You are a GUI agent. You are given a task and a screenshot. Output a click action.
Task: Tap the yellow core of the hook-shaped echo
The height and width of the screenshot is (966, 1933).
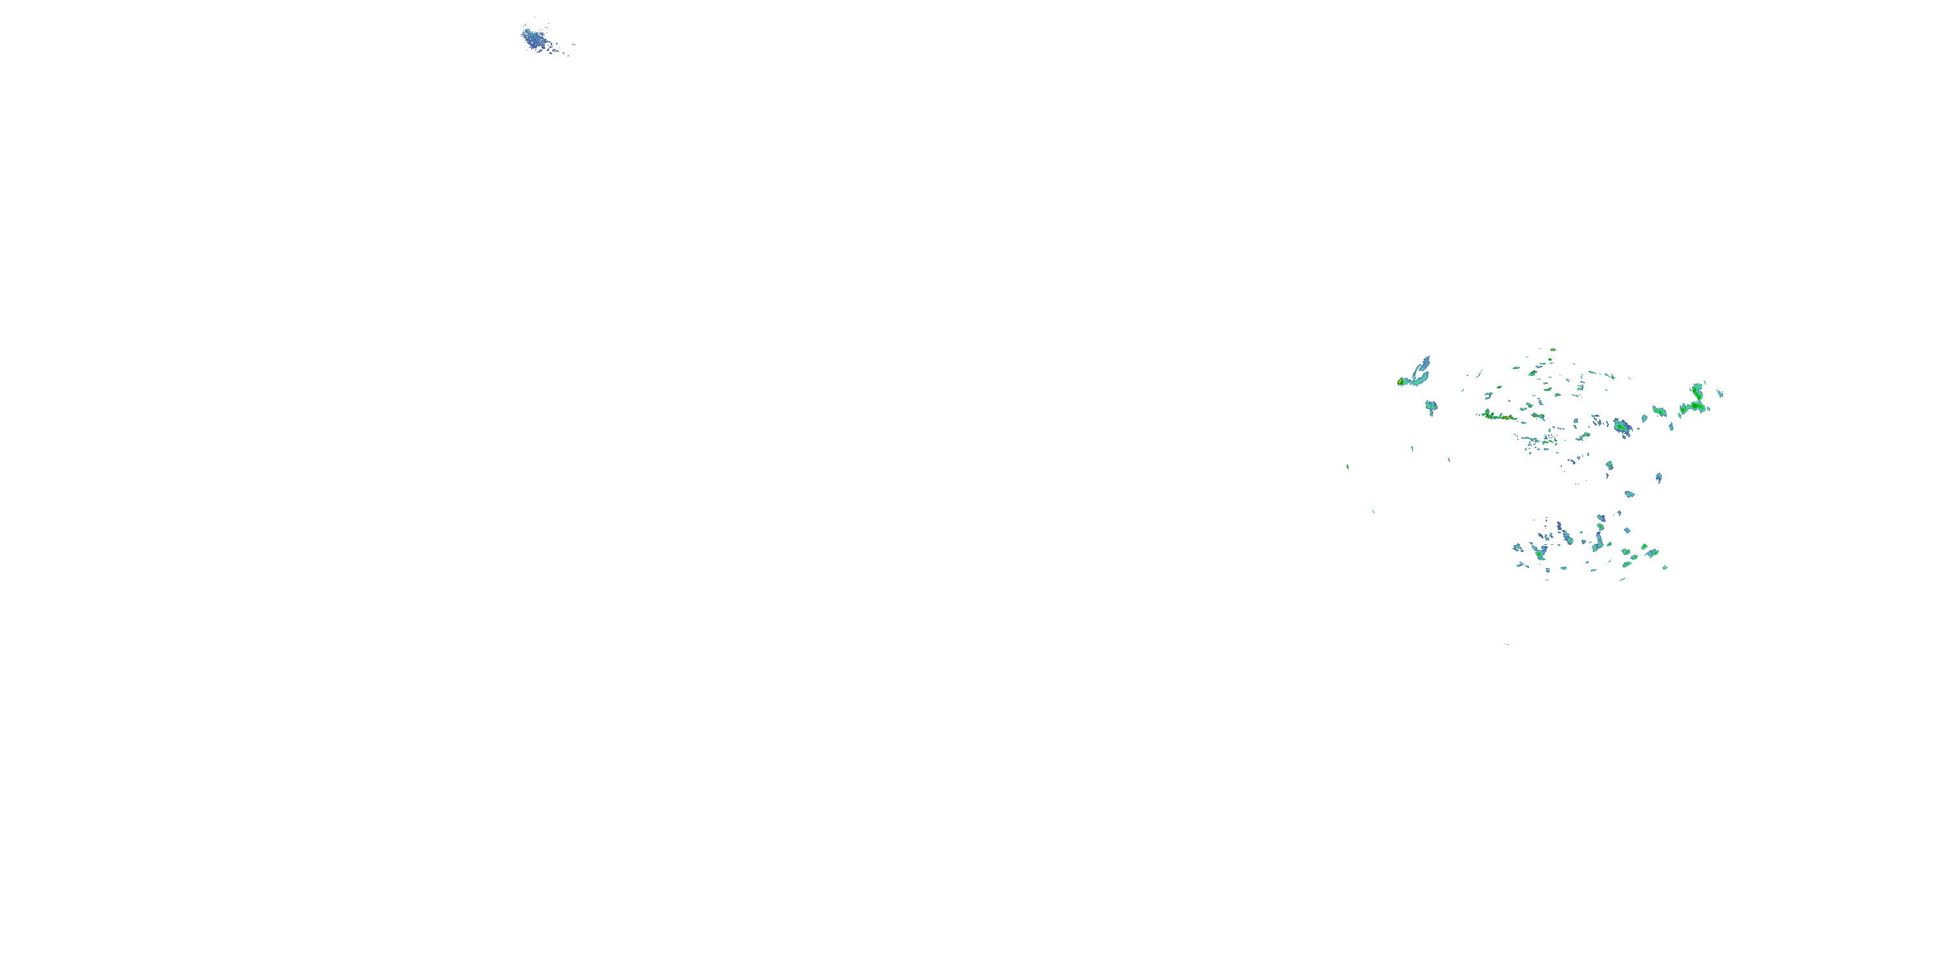pos(1401,382)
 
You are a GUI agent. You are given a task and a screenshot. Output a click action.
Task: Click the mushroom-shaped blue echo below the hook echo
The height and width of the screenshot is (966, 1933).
pos(1431,406)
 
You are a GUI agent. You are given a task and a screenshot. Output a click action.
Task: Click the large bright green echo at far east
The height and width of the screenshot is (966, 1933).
pos(1695,401)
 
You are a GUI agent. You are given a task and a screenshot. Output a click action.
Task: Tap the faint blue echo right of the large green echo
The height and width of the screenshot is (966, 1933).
pos(1720,393)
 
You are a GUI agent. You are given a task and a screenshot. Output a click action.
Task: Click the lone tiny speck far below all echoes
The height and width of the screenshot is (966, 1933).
pos(1507,643)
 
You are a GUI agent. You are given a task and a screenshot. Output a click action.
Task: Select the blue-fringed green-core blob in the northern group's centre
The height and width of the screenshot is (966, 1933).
pos(1622,428)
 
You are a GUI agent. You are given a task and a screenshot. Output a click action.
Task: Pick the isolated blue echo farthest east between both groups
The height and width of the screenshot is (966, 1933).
pos(1659,478)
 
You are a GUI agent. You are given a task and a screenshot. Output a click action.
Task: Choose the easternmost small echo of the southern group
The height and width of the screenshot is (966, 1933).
pos(1664,567)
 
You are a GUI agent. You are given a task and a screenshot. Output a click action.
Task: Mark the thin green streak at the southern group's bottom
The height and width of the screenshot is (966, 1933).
pos(1623,579)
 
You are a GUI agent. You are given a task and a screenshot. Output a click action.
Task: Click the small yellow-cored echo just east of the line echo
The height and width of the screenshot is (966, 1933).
pos(1537,415)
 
